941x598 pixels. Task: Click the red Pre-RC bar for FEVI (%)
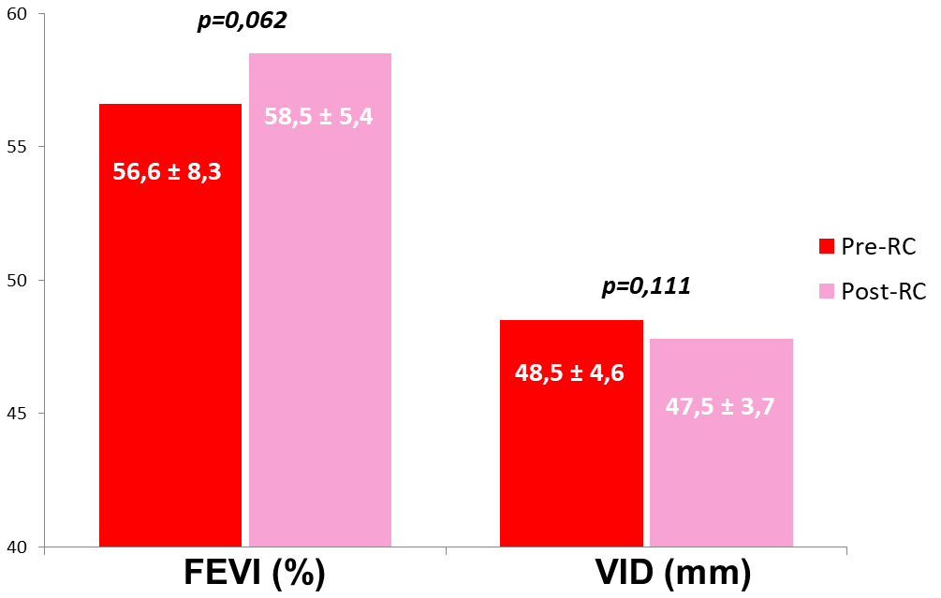tap(169, 374)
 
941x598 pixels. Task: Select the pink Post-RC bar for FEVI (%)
tap(319, 356)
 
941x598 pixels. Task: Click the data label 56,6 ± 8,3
tap(167, 171)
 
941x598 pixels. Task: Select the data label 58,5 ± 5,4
tap(318, 118)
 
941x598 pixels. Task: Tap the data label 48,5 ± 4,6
tap(569, 373)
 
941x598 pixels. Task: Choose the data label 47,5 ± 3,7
tap(720, 407)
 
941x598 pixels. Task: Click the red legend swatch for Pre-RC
tap(826, 245)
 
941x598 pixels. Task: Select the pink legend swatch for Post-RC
tap(826, 292)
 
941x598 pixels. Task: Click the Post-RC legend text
tap(883, 292)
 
